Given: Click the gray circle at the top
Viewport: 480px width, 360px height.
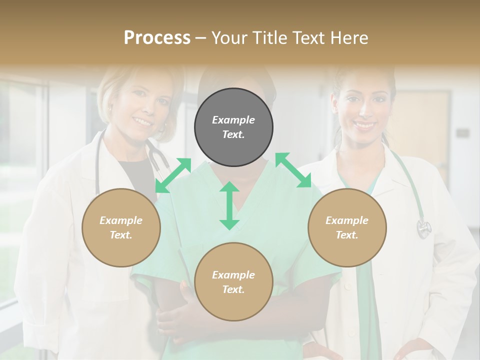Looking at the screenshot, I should pos(233,127).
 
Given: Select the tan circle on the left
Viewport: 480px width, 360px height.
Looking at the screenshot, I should pos(121,227).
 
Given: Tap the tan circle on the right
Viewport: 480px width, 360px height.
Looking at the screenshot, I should pos(347,227).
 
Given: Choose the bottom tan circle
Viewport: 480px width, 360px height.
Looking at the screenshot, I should pos(233,282).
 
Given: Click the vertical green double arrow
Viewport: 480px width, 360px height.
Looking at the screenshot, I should pos(229,205).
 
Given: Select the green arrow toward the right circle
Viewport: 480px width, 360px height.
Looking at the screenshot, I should pos(293,170).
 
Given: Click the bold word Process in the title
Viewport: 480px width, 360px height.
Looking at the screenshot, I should pos(157,38).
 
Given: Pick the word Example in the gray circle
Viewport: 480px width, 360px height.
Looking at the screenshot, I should pos(233,120).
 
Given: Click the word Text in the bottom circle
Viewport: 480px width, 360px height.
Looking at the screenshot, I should pos(232,289).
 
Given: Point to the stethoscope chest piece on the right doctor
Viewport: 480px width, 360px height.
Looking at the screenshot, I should pos(424,228).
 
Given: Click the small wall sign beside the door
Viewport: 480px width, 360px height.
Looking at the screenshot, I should pos(462,133).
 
